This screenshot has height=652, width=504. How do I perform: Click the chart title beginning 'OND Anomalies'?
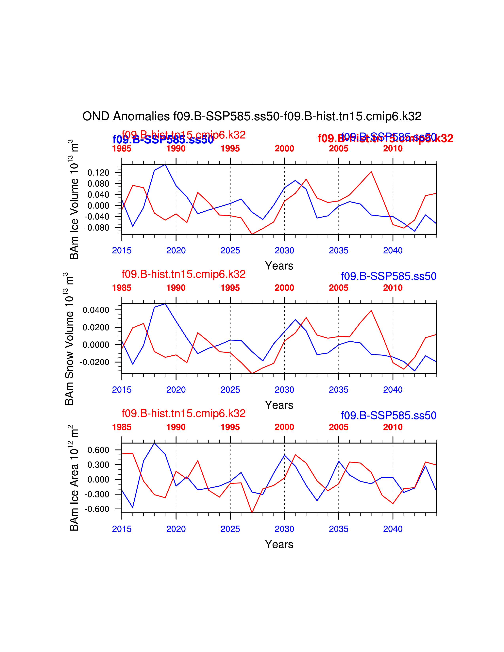(x=252, y=116)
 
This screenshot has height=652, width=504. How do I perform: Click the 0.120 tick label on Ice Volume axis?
(x=98, y=172)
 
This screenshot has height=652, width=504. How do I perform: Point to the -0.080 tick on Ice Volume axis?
(x=97, y=227)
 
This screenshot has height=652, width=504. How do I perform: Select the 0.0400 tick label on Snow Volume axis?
(x=96, y=310)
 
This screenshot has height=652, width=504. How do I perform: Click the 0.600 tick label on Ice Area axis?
(x=98, y=450)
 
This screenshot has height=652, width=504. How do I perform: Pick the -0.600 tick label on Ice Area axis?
(x=97, y=509)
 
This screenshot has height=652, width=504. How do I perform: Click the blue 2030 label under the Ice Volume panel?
(x=284, y=251)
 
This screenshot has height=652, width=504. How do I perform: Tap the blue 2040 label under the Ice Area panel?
(x=393, y=529)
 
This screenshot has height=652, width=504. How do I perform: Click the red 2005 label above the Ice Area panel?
(x=339, y=427)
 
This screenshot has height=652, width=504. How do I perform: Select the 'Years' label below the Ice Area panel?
(x=279, y=544)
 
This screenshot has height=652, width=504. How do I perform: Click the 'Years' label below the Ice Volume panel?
(x=279, y=266)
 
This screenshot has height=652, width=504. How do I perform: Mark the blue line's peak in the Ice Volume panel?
(x=165, y=165)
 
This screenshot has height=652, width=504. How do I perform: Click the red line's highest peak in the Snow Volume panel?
(x=371, y=310)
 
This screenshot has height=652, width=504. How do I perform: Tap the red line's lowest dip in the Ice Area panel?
(x=252, y=512)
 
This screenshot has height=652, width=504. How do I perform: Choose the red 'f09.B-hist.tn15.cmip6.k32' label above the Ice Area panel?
(x=183, y=414)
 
